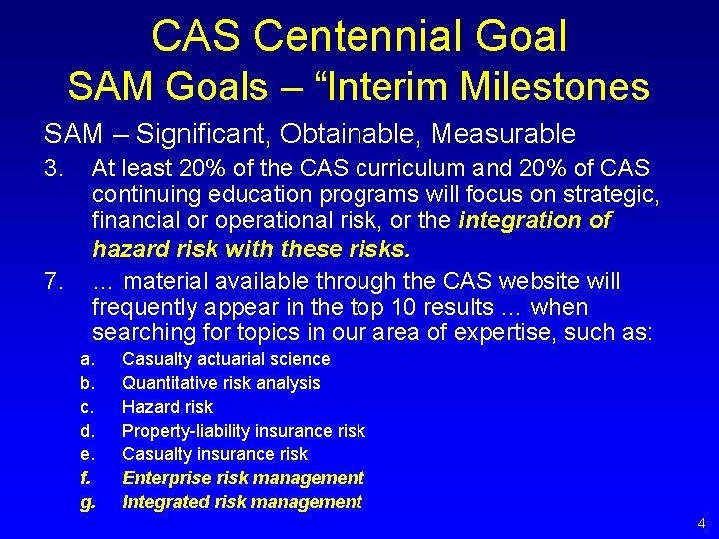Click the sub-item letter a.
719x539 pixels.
[x=87, y=359]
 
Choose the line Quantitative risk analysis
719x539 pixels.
[x=221, y=383]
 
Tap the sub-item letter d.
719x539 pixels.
[x=87, y=431]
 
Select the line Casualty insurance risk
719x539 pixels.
[x=215, y=454]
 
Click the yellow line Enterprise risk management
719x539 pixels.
[x=243, y=478]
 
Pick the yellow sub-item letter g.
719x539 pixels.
[x=87, y=502]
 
